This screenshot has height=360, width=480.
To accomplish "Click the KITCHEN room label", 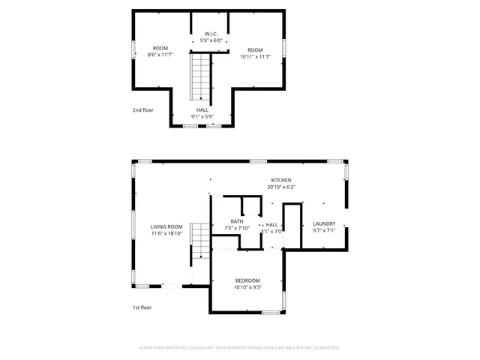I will click(281, 180).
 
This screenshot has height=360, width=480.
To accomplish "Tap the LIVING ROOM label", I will click(166, 226).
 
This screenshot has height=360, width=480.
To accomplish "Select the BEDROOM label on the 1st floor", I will click(247, 280).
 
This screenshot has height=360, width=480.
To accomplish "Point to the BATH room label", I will click(237, 221).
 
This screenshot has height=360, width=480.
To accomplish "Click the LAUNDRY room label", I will click(324, 223).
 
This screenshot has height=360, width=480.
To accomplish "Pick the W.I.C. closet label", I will click(212, 34).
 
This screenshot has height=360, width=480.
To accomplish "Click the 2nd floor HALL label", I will click(202, 109).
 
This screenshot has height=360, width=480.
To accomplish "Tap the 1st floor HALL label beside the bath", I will click(271, 224).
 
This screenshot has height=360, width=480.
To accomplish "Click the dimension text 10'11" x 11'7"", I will click(256, 55).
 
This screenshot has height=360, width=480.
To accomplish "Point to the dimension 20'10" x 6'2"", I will click(281, 187).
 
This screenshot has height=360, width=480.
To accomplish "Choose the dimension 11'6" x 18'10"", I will click(166, 233).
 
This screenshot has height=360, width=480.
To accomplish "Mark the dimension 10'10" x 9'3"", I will click(247, 286).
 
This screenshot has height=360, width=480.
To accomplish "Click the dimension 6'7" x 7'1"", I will click(324, 231).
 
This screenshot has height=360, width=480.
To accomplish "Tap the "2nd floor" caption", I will click(142, 109).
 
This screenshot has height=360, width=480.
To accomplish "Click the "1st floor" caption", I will click(142, 307).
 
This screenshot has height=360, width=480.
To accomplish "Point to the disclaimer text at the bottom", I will click(239, 348).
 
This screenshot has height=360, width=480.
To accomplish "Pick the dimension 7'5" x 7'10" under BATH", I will click(237, 228).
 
